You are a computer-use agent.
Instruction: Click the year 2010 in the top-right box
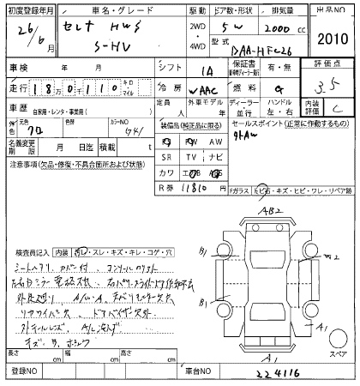coord(331,39)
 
